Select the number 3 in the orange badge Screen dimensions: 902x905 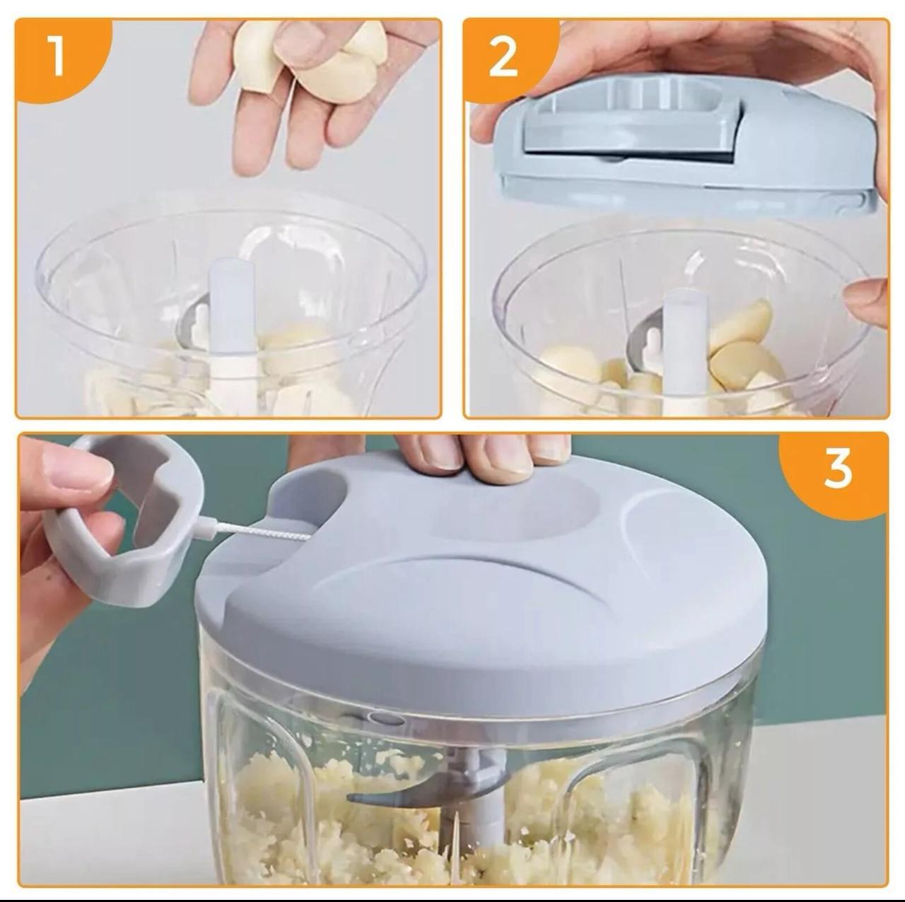837,469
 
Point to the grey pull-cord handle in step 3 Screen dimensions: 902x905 120,523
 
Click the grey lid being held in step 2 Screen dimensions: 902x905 679,141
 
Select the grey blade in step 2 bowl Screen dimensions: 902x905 640,346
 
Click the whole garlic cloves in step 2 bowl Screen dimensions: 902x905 742,339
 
